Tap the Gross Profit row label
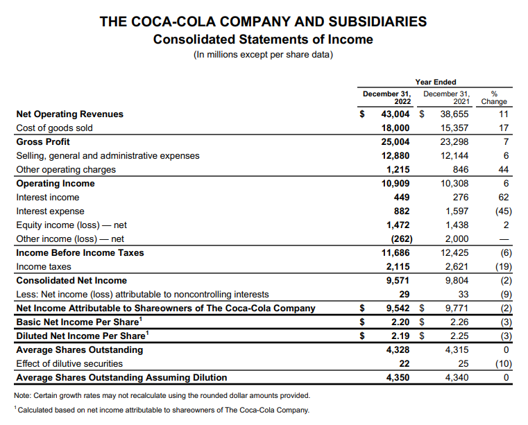click(x=43, y=141)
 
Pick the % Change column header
click(x=494, y=97)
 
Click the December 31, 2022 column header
click(x=387, y=97)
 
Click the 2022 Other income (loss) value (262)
click(x=398, y=238)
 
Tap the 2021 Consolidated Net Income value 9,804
click(x=457, y=280)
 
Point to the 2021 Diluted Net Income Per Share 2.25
click(x=459, y=336)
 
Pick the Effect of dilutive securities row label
click(x=69, y=363)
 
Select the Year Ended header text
click(x=436, y=82)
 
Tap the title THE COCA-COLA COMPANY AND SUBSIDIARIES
click(x=264, y=21)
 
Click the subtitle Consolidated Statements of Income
click(x=263, y=39)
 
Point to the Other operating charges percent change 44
click(x=504, y=169)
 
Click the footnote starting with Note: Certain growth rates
click(x=162, y=395)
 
